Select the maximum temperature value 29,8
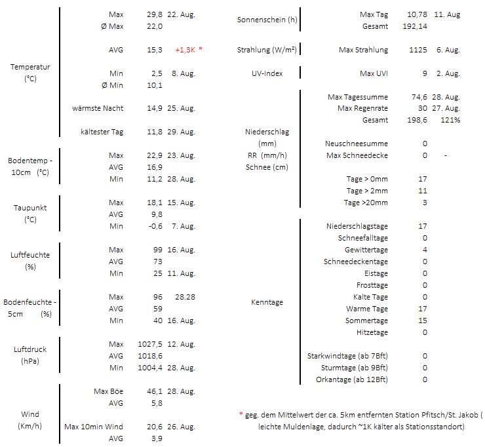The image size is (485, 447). (154, 14)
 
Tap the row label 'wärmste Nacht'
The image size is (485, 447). (98, 108)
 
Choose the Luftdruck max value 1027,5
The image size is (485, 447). (151, 344)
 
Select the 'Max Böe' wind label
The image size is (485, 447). (109, 391)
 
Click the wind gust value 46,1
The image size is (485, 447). (154, 391)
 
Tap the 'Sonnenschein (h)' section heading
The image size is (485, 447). (267, 20)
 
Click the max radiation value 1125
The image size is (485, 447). (417, 50)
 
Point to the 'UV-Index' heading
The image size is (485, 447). (267, 73)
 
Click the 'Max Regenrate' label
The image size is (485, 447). (362, 108)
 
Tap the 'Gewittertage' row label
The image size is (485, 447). (366, 250)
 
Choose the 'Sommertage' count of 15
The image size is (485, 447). (423, 321)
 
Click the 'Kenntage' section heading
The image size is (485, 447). (267, 302)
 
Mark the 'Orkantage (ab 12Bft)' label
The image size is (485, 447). (352, 379)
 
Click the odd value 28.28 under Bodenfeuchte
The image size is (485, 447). (185, 297)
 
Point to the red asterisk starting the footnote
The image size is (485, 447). (241, 415)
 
